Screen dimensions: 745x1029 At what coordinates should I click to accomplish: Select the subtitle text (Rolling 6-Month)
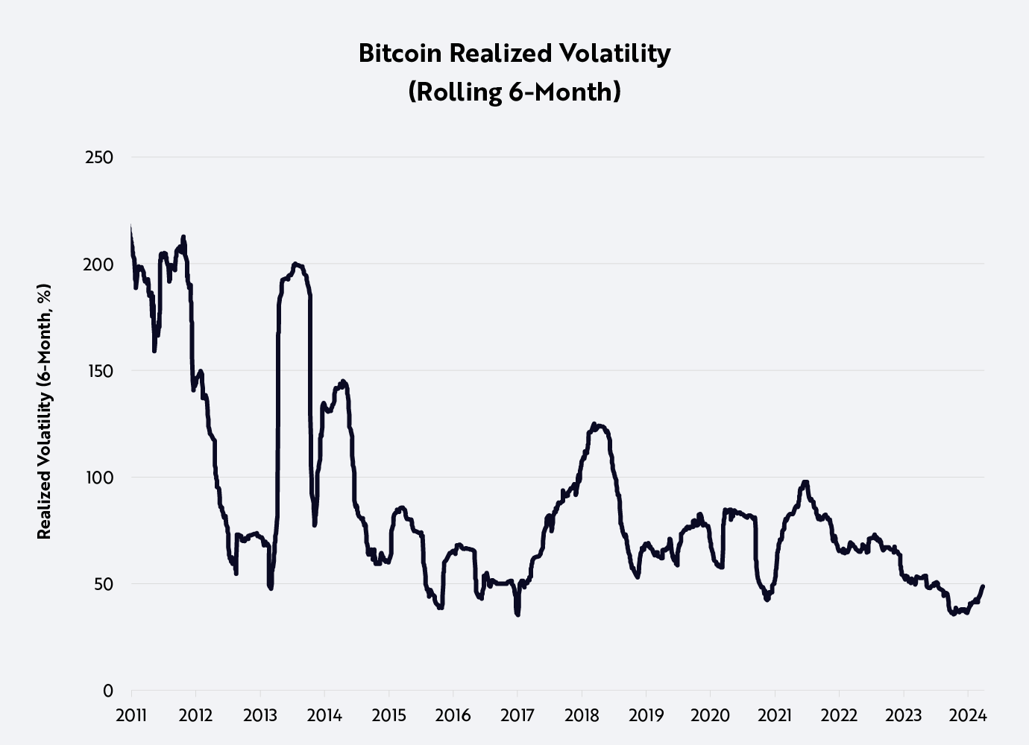tap(514, 92)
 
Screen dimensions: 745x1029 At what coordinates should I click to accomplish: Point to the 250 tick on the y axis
tap(99, 157)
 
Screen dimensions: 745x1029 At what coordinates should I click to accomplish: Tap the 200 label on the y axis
tap(99, 264)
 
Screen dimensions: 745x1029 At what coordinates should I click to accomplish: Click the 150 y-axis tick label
tap(99, 371)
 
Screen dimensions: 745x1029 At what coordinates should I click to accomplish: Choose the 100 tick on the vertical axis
tap(99, 478)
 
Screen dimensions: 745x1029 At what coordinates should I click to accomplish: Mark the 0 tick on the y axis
tap(108, 691)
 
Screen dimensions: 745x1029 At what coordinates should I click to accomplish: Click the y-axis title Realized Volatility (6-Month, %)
tap(45, 411)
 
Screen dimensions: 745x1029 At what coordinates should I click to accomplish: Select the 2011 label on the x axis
tap(131, 716)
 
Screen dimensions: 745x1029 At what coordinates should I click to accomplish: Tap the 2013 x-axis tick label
tap(260, 716)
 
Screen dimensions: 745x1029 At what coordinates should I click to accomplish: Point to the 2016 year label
tap(453, 716)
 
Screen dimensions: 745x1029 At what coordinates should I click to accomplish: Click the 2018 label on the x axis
tap(582, 716)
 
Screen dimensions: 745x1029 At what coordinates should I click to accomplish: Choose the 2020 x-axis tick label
tap(711, 716)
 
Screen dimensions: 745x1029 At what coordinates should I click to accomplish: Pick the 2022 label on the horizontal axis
tap(839, 716)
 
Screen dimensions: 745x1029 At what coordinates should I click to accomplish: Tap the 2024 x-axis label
tap(968, 716)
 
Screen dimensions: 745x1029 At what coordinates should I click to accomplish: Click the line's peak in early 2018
tap(594, 424)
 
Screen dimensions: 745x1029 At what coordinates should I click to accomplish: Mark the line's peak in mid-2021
tap(804, 482)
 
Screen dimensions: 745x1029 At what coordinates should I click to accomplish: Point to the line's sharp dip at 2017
tap(517, 613)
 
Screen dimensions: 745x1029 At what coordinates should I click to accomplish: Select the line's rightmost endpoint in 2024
tap(983, 586)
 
